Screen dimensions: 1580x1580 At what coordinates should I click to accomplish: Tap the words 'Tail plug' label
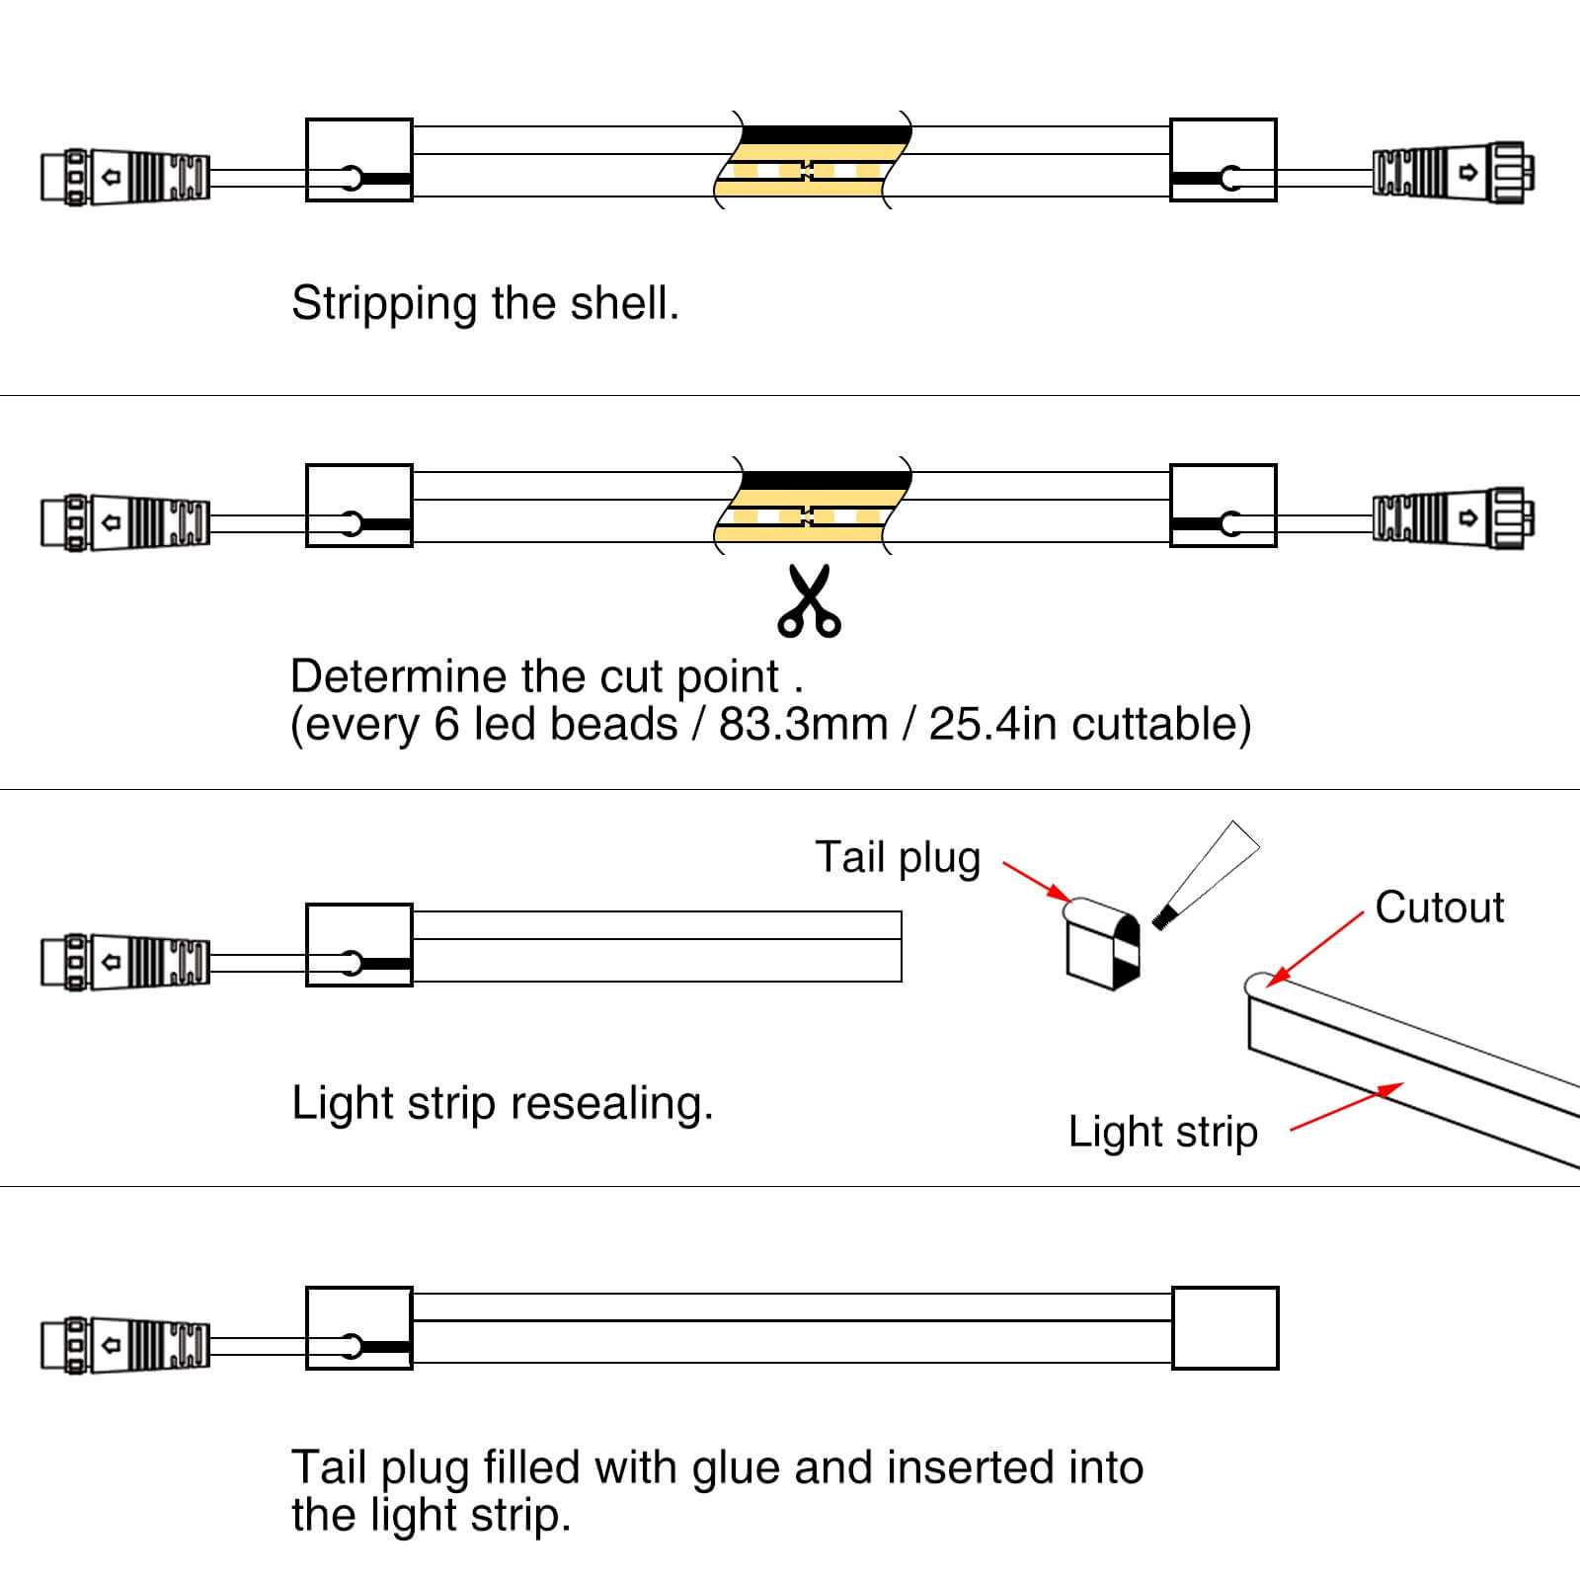898,857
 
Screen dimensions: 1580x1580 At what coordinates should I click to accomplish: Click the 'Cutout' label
1439,907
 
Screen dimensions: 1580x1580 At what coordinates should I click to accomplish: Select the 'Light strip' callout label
1162,1131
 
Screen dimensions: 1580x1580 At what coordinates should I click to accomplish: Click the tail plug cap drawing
1102,943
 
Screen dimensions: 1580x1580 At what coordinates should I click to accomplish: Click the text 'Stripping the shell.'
485,303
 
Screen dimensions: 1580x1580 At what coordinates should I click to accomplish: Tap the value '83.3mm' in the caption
803,724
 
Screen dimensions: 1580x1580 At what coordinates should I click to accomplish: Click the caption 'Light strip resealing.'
502,1103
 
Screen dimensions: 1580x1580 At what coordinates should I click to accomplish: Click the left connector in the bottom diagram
125,1345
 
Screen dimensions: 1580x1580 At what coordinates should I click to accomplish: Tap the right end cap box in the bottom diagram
1224,1328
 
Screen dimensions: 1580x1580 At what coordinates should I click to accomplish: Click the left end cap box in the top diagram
358,160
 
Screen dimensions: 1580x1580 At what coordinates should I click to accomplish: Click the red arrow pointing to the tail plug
1037,882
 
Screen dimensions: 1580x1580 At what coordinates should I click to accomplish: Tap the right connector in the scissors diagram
1453,518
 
